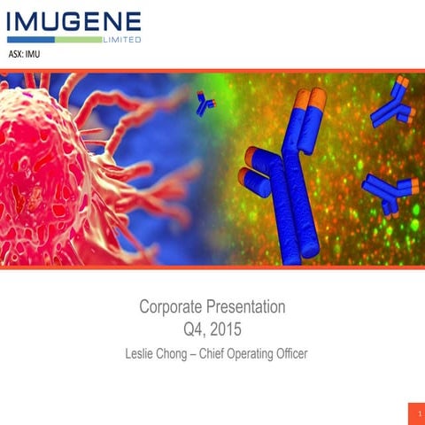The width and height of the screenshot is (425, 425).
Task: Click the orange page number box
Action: pyautogui.click(x=411, y=413)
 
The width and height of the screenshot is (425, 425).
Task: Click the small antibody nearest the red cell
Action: pyautogui.click(x=205, y=104)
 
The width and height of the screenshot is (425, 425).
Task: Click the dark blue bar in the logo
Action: pyautogui.click(x=31, y=39)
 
